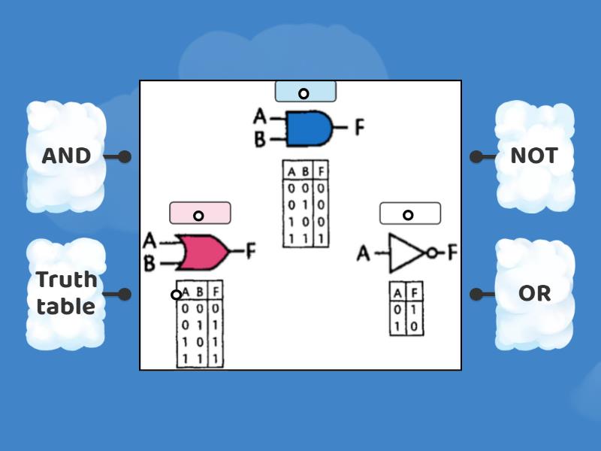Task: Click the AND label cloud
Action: point(66,156)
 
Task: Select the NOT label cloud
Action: point(534,156)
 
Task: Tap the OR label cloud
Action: point(534,294)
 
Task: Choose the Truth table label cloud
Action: point(66,294)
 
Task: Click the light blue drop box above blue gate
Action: point(305,92)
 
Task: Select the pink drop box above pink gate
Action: point(200,213)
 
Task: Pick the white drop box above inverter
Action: point(409,213)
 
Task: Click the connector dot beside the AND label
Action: point(125,157)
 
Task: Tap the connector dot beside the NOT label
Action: point(476,157)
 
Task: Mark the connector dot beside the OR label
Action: point(476,294)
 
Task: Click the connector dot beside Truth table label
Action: point(125,294)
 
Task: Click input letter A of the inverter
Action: point(364,254)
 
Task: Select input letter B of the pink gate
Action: point(149,264)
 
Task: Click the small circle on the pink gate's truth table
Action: point(176,295)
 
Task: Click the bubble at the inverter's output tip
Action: point(431,254)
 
